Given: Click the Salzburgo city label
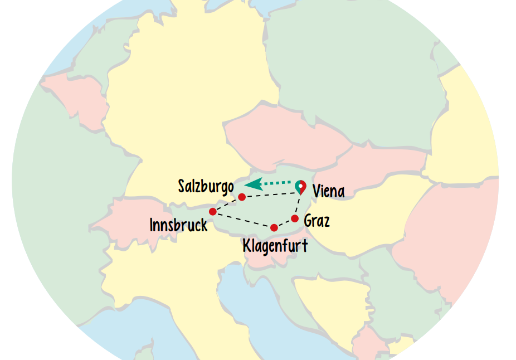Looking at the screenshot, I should click(206, 186).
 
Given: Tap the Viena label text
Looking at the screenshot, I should click(328, 192).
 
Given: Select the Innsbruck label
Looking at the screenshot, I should click(178, 225).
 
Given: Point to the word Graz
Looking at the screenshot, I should click(317, 221).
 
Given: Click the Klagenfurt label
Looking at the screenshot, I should click(275, 245).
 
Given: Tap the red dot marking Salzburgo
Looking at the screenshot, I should click(242, 197).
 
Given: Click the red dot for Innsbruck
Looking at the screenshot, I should click(212, 211).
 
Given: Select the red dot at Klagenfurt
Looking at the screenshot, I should click(274, 227).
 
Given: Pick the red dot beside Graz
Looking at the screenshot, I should click(295, 218).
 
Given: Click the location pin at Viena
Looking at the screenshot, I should click(300, 186).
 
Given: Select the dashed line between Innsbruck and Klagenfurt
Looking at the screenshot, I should click(243, 220).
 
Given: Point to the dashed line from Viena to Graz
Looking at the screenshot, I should click(298, 204).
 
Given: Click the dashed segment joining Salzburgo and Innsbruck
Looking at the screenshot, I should click(227, 204).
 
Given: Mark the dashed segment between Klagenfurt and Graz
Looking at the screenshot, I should click(284, 223).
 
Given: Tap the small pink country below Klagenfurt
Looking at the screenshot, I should click(262, 257).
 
